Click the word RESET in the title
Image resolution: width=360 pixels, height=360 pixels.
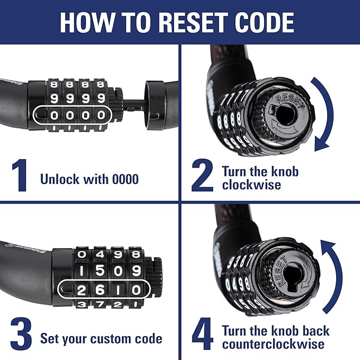[197, 22]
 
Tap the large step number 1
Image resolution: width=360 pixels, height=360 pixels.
[20, 176]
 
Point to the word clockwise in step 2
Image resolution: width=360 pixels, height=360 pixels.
[251, 186]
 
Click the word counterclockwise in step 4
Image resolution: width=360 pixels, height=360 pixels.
[273, 344]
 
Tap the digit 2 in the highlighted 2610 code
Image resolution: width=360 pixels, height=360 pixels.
[81, 289]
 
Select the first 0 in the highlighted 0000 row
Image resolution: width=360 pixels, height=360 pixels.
[53, 114]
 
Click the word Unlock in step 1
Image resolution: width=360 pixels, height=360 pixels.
[58, 179]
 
